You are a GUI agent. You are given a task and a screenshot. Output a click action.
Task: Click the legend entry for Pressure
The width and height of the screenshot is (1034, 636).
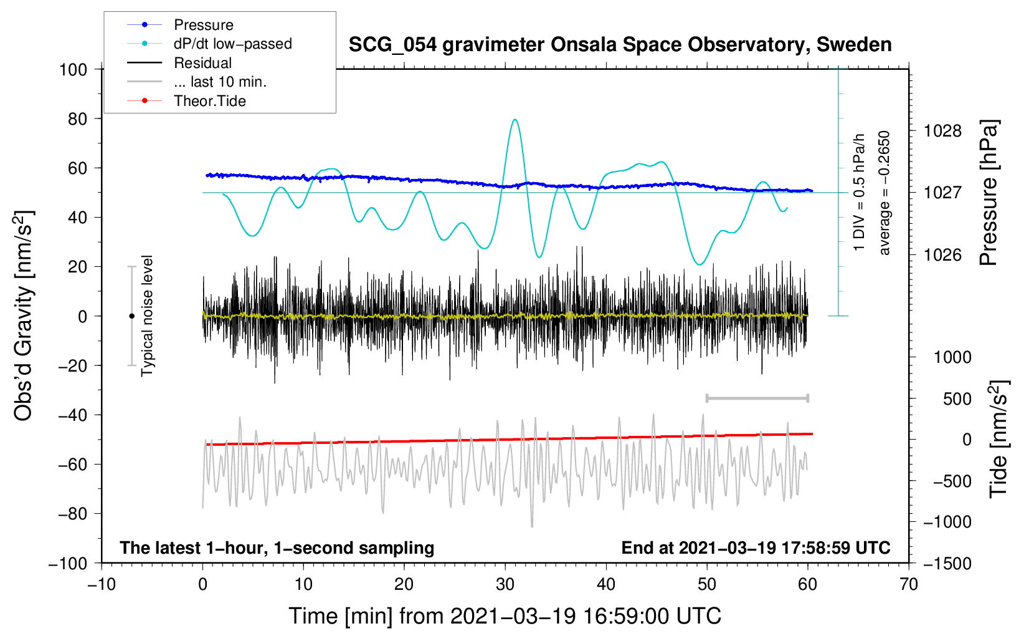pyautogui.click(x=181, y=24)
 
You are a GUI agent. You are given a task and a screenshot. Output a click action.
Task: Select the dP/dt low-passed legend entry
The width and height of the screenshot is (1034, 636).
pyautogui.click(x=209, y=44)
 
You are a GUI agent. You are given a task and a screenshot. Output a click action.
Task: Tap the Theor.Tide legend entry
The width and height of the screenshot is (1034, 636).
pyautogui.click(x=186, y=101)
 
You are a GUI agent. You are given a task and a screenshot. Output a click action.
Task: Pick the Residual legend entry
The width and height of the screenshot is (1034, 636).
pyautogui.click(x=179, y=63)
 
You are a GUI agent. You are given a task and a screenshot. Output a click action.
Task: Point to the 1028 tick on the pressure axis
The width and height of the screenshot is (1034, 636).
pyautogui.click(x=942, y=131)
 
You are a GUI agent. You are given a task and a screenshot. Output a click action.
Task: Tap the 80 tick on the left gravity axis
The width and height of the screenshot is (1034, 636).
pyautogui.click(x=77, y=119)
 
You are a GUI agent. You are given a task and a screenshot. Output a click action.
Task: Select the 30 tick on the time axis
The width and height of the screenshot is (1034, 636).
pyautogui.click(x=505, y=584)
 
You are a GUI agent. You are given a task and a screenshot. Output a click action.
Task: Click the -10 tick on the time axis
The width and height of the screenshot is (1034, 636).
pyautogui.click(x=102, y=584)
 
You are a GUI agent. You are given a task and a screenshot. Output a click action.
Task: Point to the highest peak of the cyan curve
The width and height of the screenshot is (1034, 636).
pyautogui.click(x=515, y=120)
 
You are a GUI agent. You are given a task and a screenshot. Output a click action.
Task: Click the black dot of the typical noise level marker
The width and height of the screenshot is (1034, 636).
pyautogui.click(x=131, y=316)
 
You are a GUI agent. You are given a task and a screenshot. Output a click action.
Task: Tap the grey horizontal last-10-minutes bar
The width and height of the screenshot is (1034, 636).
pyautogui.click(x=757, y=398)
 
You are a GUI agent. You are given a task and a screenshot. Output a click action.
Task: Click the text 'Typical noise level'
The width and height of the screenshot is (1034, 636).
pyautogui.click(x=147, y=316)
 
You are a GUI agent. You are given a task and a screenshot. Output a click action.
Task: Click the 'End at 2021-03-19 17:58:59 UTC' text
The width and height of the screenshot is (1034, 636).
pyautogui.click(x=756, y=547)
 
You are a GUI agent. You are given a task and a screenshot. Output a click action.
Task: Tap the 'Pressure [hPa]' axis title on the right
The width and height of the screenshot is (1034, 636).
pyautogui.click(x=989, y=193)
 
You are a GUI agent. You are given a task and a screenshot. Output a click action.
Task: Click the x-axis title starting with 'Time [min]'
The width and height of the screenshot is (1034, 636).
pyautogui.click(x=505, y=616)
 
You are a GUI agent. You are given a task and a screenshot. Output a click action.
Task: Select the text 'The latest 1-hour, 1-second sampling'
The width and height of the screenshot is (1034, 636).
pyautogui.click(x=277, y=547)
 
